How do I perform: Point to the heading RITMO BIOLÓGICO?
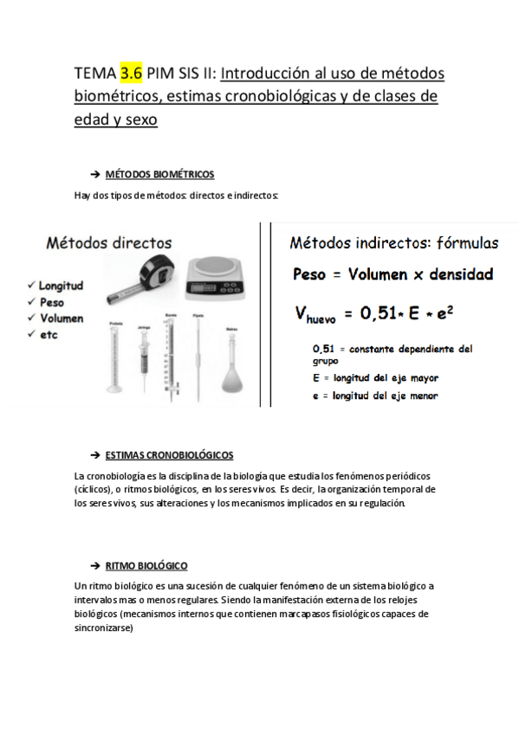pos(146,565)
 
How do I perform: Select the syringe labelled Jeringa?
pos(144,364)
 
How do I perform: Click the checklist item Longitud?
pos(59,286)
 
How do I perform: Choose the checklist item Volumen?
pos(59,318)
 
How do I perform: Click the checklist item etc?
pos(47,334)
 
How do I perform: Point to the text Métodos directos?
pos(108,244)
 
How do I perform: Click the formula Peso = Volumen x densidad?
pos(392,275)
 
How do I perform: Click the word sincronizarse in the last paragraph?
pos(104,628)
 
